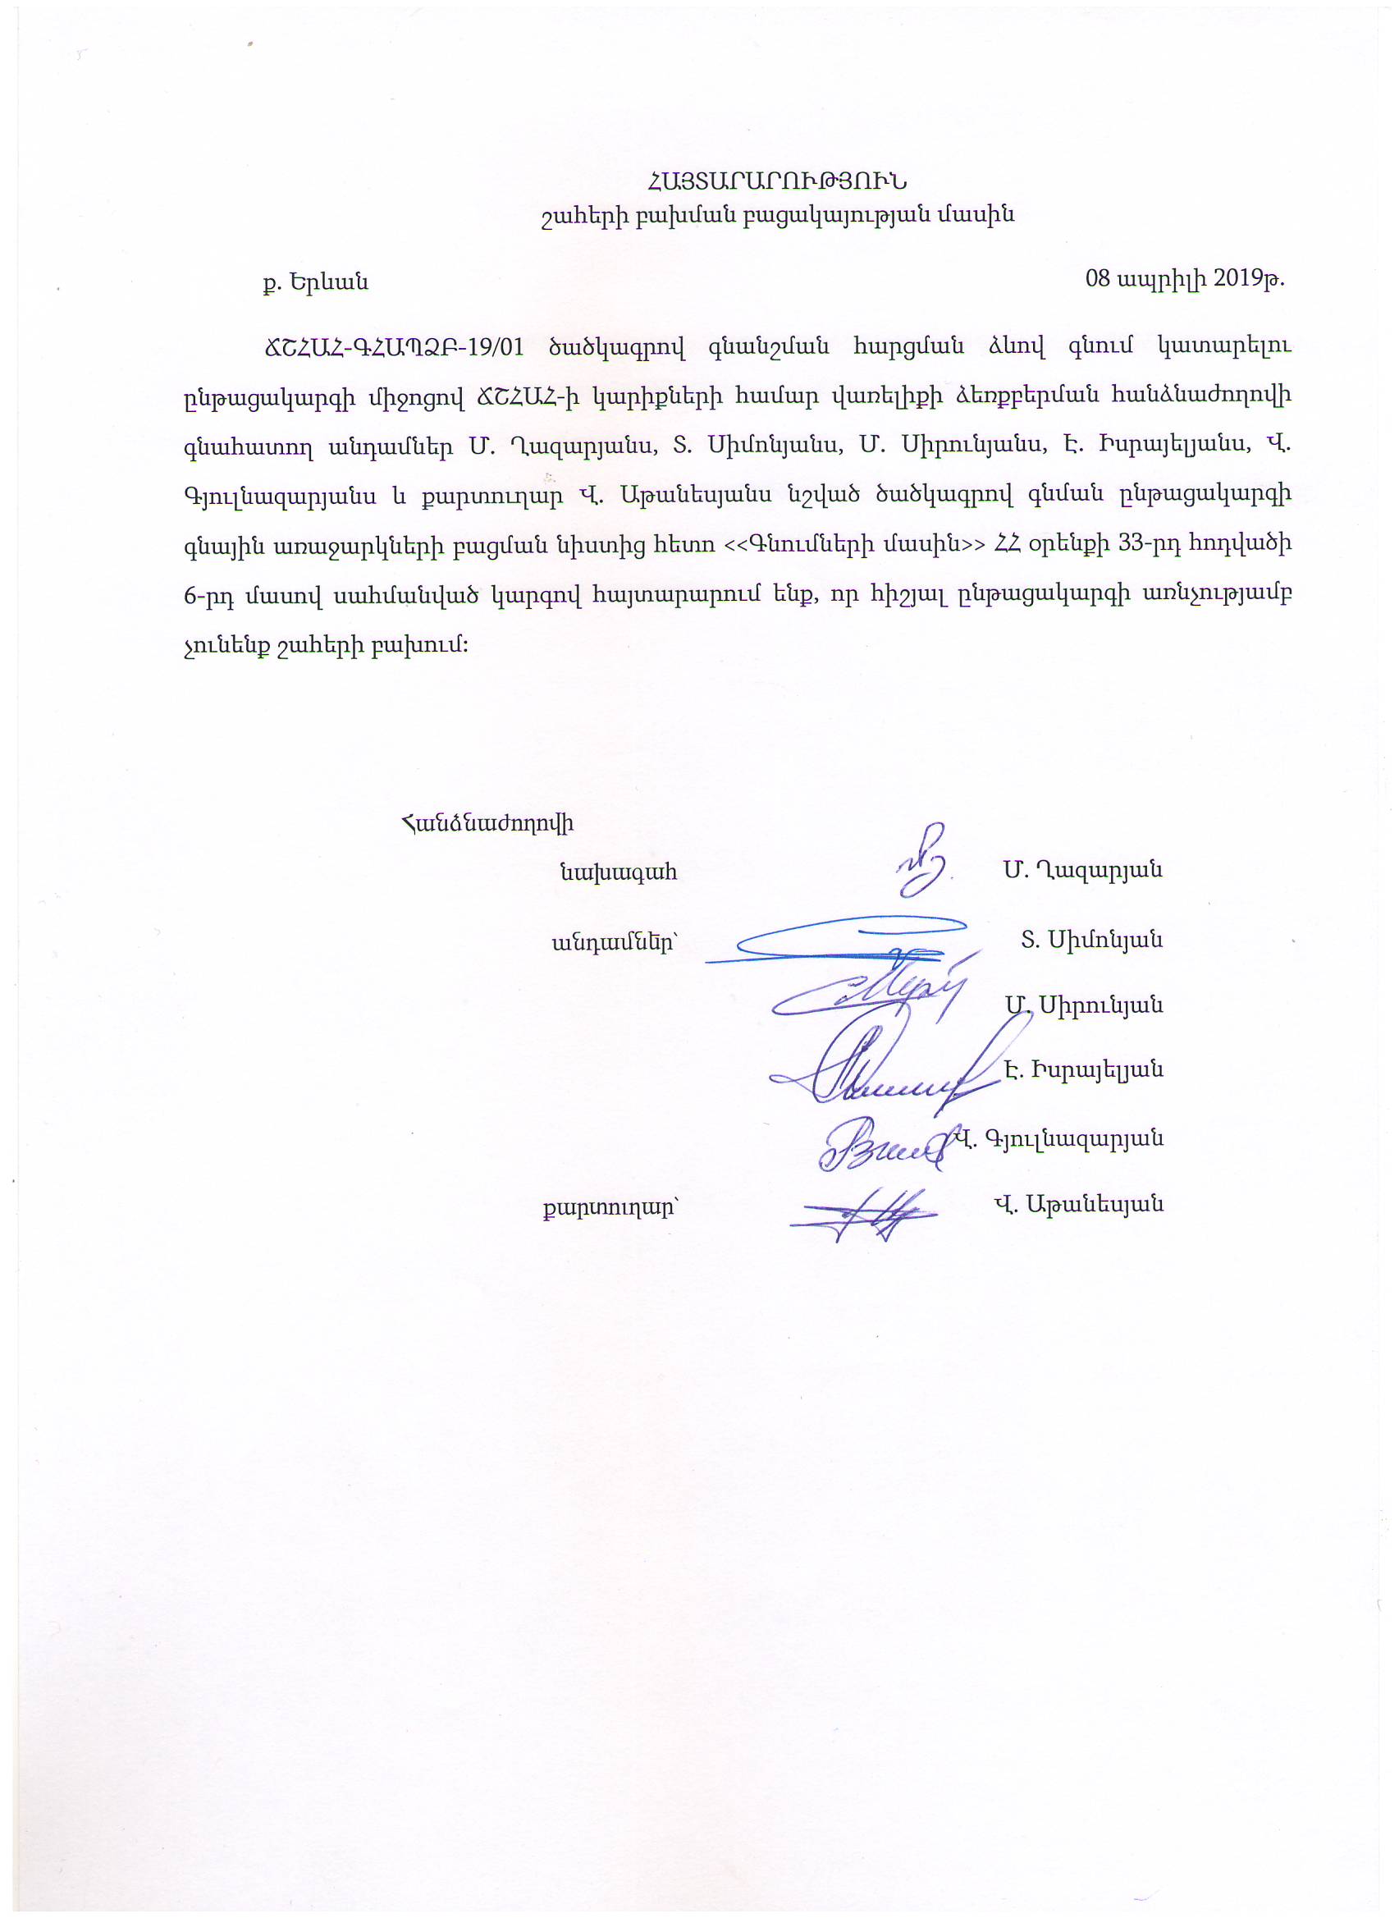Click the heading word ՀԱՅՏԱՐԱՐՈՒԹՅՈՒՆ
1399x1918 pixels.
pos(776,181)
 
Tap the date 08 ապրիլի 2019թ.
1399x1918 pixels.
pos(1185,278)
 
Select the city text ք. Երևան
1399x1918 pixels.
pos(315,282)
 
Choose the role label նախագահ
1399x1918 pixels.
pos(618,872)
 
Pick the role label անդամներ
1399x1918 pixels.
pos(615,941)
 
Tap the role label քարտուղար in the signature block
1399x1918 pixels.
pos(611,1205)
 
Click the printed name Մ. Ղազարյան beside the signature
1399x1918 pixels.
pos(1083,870)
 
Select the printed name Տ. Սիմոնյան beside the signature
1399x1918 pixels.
pos(1090,939)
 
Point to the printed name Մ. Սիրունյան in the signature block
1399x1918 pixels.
pos(1083,1006)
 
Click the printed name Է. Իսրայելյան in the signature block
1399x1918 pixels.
pos(1083,1070)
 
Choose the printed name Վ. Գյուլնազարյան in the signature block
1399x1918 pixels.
pos(1058,1139)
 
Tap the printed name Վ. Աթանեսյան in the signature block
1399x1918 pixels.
pos(1078,1204)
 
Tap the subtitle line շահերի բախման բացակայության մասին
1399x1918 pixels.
pos(776,216)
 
